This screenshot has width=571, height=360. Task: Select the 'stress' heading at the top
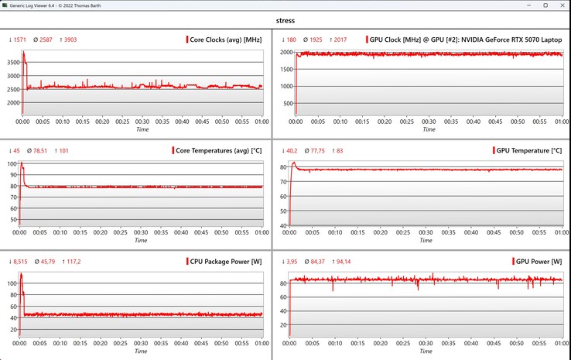285,20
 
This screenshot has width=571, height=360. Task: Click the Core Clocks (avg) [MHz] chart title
225,39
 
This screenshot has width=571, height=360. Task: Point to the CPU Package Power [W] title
224,261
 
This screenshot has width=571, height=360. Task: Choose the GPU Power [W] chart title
539,261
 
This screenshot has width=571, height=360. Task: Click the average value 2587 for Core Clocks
43,39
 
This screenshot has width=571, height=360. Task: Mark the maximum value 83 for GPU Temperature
338,150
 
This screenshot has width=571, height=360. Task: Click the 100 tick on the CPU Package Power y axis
13,283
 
